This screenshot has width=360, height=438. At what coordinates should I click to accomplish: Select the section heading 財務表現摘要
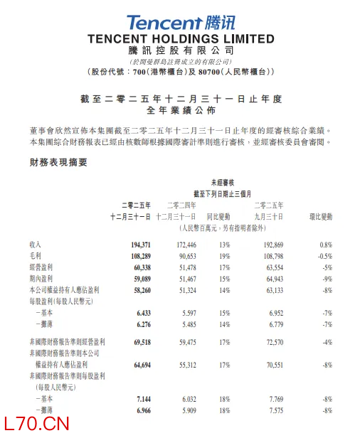pyautogui.click(x=53, y=163)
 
